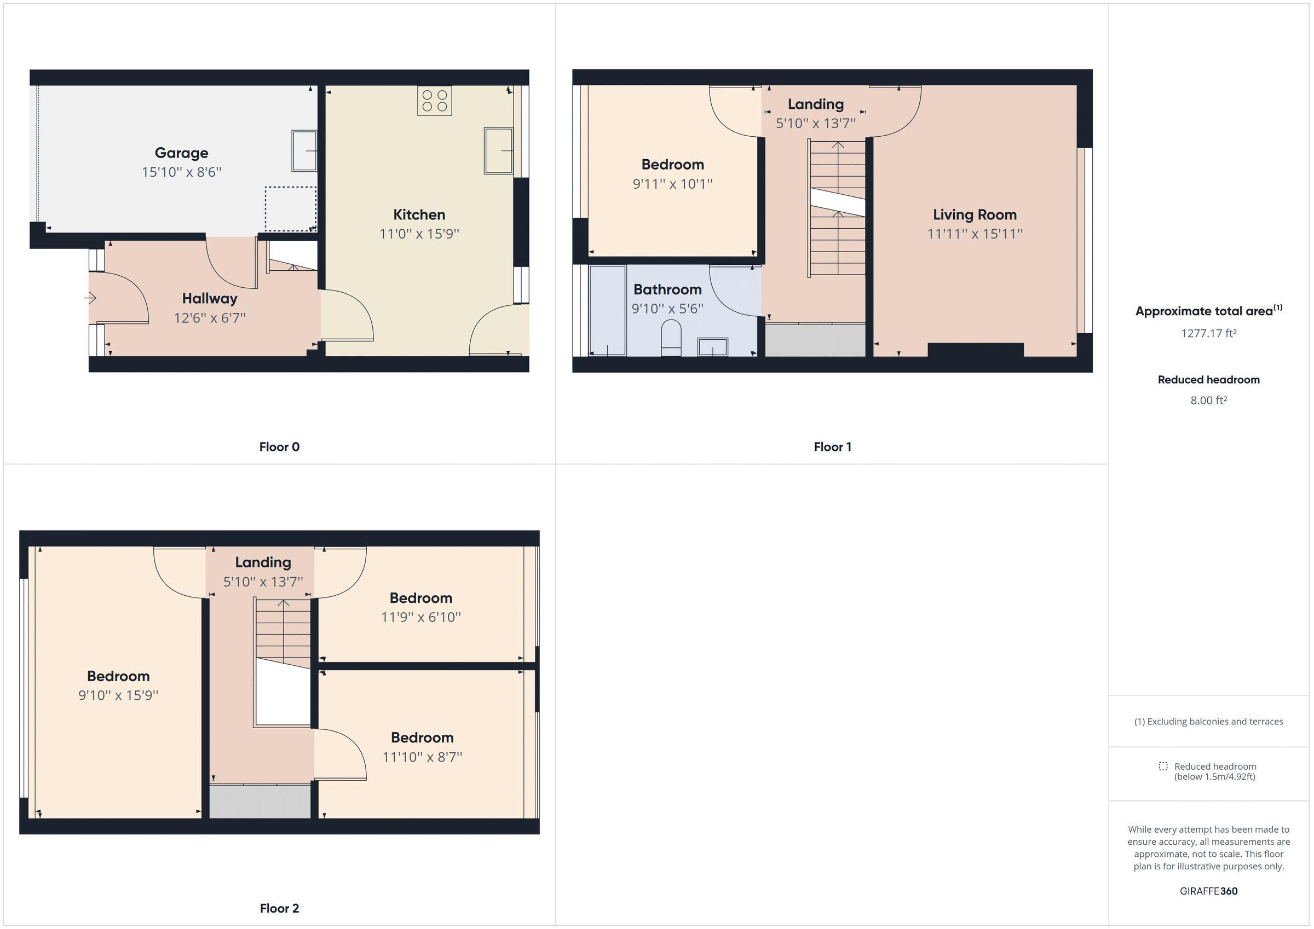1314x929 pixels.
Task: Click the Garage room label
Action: point(181,153)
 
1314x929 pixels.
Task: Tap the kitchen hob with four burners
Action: point(434,101)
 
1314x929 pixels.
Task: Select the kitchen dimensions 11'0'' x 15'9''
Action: point(419,234)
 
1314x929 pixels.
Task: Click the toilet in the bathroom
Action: point(671,338)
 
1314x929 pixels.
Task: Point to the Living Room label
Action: point(974,214)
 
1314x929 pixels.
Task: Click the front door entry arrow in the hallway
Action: point(90,298)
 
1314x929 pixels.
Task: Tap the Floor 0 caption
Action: point(279,447)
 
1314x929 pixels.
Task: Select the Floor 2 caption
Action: point(279,908)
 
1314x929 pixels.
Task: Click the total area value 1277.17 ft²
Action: point(1208,333)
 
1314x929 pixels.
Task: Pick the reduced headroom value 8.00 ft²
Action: point(1208,400)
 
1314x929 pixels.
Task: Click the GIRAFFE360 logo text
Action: point(1208,891)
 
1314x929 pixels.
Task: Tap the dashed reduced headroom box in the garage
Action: point(290,209)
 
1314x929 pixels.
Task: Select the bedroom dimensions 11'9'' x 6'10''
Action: point(420,617)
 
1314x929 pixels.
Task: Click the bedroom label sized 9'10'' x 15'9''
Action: point(118,676)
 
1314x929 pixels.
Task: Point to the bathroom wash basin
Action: point(712,347)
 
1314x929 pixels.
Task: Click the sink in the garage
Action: point(304,150)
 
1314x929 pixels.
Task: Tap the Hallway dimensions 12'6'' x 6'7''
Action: point(210,317)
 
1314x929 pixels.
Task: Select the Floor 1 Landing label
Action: point(815,104)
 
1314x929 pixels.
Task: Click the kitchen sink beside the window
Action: point(498,150)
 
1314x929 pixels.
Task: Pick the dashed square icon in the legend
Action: point(1162,766)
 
